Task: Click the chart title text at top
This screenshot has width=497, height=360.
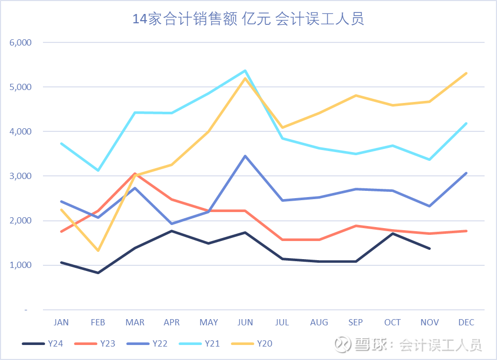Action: point(248,19)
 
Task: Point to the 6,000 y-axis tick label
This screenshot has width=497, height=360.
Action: point(21,42)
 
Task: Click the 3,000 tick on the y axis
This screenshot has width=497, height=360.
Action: point(21,176)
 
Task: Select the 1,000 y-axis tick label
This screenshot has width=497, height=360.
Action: point(21,265)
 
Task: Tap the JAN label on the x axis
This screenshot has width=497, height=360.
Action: point(61,322)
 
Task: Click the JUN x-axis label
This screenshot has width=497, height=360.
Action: point(245,322)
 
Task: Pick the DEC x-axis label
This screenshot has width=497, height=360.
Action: point(466,322)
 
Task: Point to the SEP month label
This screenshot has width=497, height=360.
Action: point(356,322)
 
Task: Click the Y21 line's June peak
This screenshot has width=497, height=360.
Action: point(245,71)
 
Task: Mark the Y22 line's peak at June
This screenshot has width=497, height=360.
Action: point(245,156)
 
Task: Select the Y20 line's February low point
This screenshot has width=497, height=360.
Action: point(98,251)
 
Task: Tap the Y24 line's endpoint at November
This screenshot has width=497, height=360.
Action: point(429,249)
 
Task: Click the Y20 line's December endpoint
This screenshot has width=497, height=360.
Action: point(466,73)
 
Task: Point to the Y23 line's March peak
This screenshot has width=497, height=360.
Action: point(135,174)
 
